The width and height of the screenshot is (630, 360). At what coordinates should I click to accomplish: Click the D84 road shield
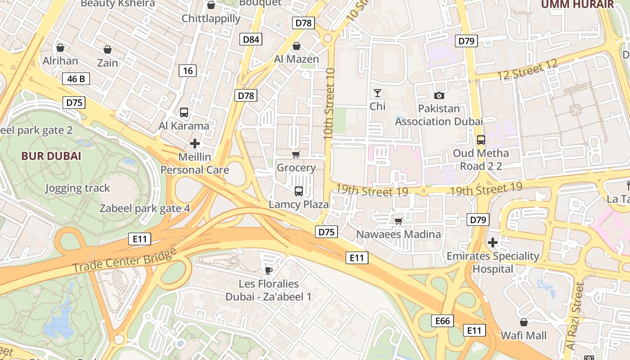[x=251, y=39]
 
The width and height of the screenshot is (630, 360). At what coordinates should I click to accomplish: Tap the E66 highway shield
[x=443, y=321]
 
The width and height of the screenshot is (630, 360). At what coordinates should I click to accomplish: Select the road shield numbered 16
[x=188, y=70]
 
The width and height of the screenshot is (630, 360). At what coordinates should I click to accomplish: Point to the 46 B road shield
[x=76, y=79]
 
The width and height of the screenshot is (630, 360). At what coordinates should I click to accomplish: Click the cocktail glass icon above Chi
[x=377, y=93]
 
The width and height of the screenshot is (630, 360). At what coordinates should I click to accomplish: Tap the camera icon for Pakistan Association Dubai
[x=439, y=95]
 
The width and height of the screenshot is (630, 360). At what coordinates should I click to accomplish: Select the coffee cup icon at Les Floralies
[x=269, y=270]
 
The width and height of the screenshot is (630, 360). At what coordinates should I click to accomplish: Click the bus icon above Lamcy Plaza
[x=298, y=191]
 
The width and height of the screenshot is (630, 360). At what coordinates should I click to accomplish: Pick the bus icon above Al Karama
[x=184, y=112]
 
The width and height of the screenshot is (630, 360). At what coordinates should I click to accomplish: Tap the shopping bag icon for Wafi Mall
[x=523, y=322]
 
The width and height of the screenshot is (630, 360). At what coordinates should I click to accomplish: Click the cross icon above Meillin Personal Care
[x=194, y=144]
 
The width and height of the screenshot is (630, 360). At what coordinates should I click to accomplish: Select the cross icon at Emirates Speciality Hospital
[x=493, y=243]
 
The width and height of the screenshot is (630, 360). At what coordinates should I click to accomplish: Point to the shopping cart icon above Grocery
[x=296, y=155]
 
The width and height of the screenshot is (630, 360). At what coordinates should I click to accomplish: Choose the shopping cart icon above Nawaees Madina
[x=398, y=221]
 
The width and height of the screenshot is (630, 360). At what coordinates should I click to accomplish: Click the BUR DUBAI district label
[x=51, y=156]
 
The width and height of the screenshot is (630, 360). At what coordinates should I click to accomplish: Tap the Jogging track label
[x=77, y=188]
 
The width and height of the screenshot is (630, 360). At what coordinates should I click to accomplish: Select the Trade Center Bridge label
[x=124, y=261]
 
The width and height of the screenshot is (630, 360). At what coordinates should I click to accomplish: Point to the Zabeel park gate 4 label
[x=144, y=208]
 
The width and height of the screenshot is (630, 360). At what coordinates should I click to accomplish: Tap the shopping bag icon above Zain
[x=107, y=49]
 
